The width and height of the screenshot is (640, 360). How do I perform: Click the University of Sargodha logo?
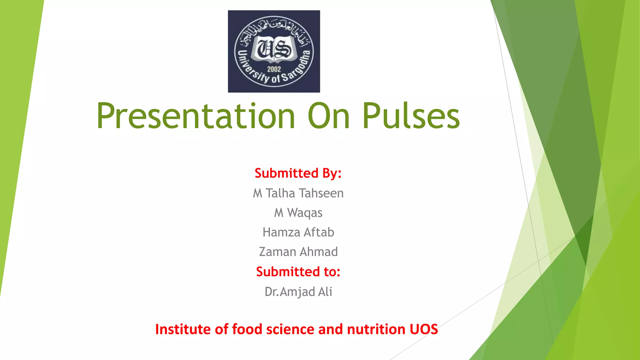[x=274, y=51]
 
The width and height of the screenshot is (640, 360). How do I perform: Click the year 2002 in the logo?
[x=274, y=69]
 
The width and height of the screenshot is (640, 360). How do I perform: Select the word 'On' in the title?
[x=328, y=116]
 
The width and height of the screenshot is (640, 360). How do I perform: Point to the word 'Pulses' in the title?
[x=411, y=116]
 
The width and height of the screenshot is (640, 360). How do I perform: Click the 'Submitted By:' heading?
[x=298, y=173]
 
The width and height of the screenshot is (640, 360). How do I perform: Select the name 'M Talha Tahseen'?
[x=298, y=193]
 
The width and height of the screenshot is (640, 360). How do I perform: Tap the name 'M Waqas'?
[x=298, y=213]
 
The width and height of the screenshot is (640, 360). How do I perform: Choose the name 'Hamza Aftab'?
[x=298, y=232]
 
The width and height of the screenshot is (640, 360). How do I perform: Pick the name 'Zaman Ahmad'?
[x=298, y=252]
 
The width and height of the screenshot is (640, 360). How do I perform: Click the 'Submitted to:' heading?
[x=298, y=272]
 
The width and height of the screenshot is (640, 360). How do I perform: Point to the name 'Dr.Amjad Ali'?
[x=298, y=292]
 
